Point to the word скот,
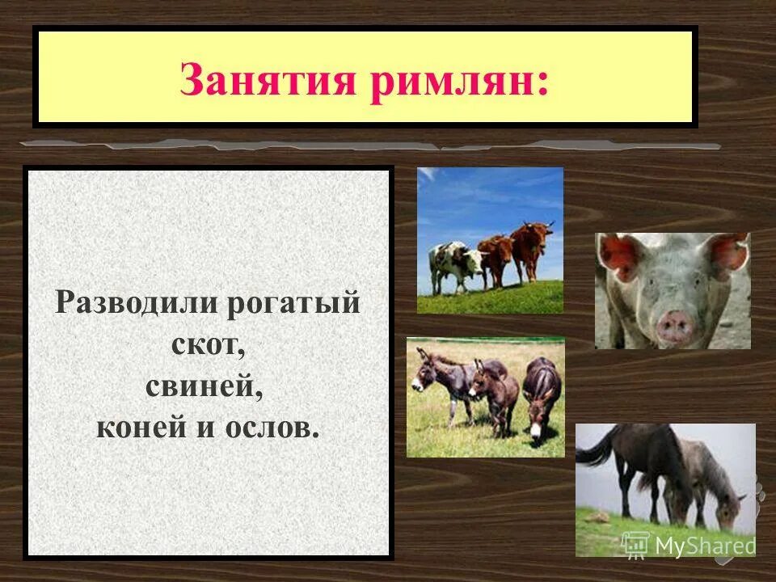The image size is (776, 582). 208,345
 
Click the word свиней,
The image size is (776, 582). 205,386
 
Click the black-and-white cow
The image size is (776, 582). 453,263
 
